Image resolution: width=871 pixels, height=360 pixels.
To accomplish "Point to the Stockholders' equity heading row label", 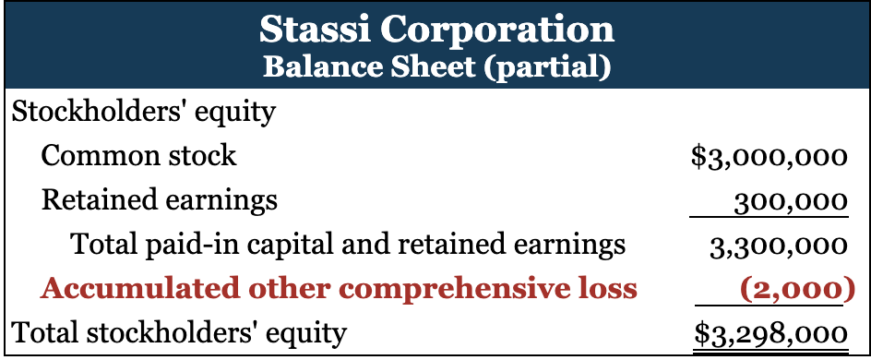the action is point(143,113).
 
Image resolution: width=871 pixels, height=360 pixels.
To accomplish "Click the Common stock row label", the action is point(139,156).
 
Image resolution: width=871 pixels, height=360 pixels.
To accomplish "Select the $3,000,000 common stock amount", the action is point(770,157).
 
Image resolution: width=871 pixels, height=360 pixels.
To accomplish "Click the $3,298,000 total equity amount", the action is point(771,334).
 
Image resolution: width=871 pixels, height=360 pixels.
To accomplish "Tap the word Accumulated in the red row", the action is point(139,289).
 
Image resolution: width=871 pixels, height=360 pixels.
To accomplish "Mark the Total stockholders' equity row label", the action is point(179,334).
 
